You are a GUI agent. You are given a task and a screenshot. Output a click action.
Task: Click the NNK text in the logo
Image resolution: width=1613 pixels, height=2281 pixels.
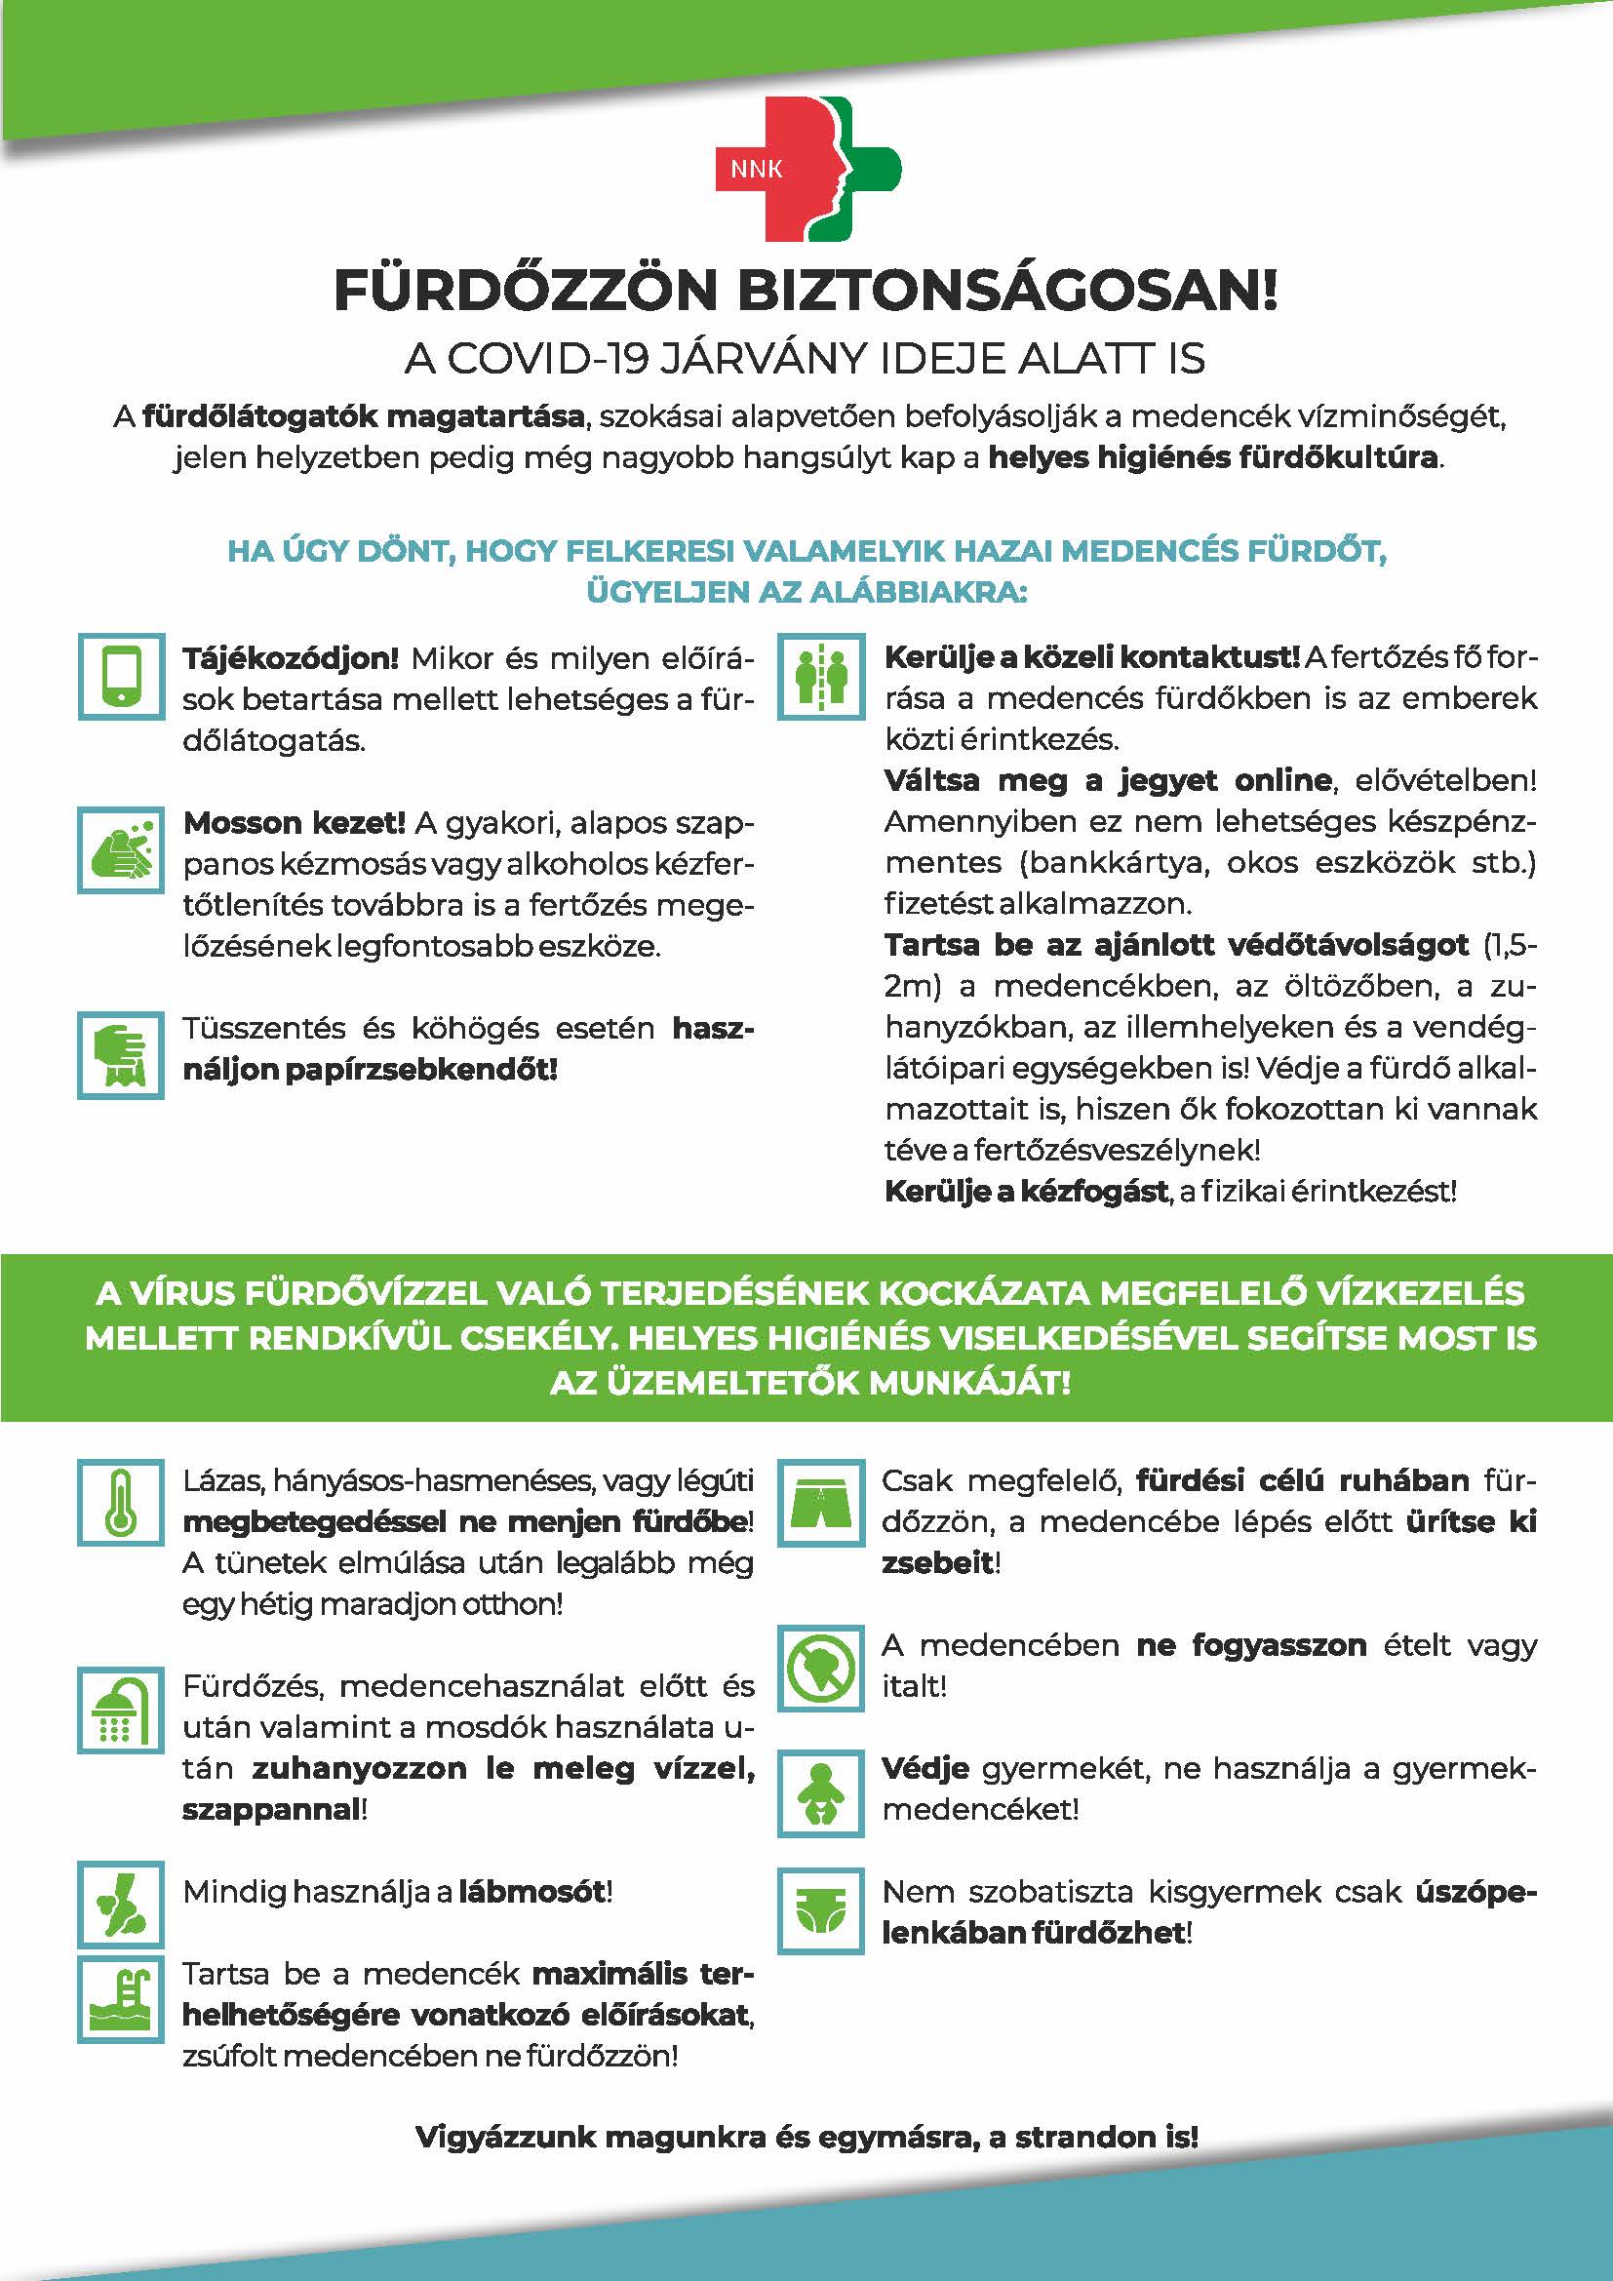[756, 169]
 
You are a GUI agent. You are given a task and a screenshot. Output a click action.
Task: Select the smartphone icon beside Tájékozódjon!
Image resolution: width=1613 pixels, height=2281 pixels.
[121, 677]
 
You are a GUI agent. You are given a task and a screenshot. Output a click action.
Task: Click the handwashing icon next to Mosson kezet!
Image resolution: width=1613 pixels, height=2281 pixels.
[121, 850]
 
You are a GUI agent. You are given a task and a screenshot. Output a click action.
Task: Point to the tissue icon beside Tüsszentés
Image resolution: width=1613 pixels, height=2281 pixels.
[121, 1055]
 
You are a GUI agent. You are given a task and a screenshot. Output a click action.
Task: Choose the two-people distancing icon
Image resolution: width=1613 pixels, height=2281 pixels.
[821, 677]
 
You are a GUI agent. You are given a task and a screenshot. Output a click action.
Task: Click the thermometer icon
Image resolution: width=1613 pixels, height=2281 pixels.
[121, 1502]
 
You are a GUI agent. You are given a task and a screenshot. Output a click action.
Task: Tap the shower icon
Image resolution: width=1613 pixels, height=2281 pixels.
[121, 1710]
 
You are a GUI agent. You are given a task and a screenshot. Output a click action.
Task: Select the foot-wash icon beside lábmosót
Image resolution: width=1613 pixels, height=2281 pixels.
[121, 1904]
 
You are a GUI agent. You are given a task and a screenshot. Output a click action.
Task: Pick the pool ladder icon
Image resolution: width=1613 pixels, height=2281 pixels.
[121, 2000]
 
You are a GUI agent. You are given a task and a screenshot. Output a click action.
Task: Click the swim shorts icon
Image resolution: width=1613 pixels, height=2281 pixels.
[821, 1502]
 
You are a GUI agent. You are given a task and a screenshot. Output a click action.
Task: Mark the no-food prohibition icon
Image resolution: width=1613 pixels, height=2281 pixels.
[821, 1668]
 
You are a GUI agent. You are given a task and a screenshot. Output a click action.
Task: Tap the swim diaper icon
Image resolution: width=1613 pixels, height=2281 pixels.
[821, 1910]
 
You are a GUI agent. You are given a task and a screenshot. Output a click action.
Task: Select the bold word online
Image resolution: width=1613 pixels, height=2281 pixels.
[1282, 780]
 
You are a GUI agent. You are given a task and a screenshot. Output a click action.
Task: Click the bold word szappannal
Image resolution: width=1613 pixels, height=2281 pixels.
[270, 1809]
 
